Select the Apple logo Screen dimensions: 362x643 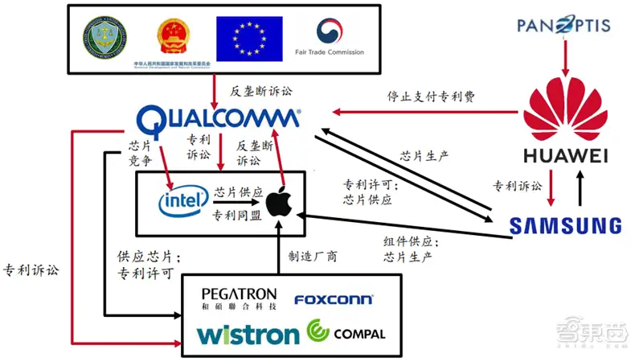(277, 200)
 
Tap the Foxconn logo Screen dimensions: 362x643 (333, 300)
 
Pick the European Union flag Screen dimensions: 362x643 (249, 39)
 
